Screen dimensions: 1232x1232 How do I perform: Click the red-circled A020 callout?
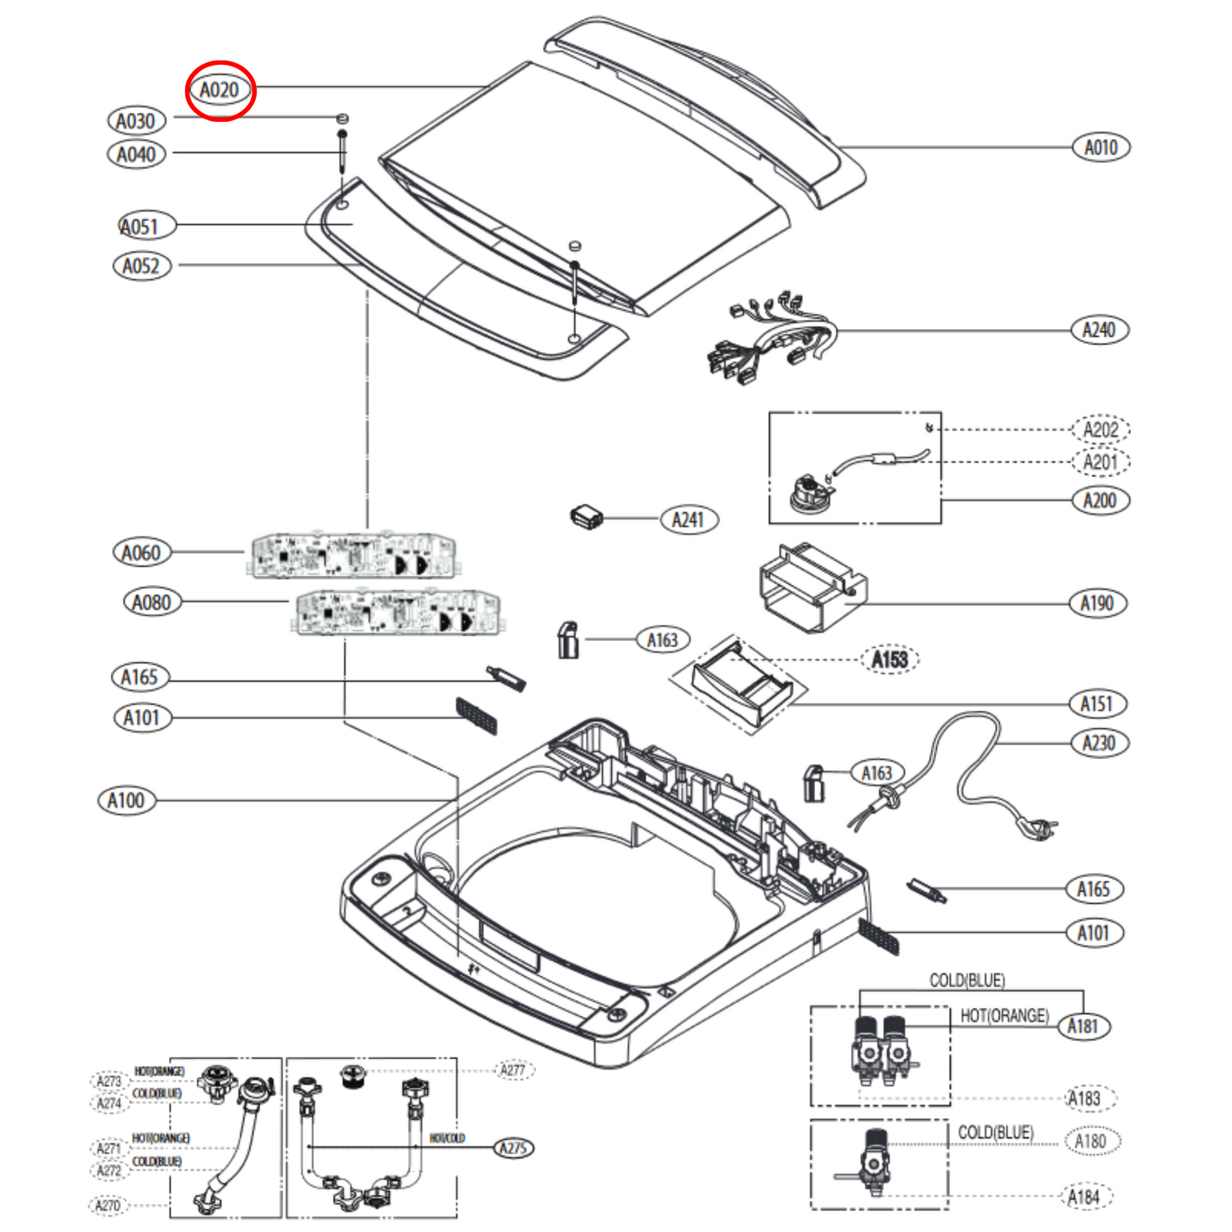220,90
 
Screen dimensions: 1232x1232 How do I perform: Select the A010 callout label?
1100,147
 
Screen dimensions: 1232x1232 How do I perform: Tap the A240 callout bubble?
1099,330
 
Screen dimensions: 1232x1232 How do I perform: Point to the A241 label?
689,519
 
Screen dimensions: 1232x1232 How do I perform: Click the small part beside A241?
586,517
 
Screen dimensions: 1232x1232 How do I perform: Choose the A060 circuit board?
353,556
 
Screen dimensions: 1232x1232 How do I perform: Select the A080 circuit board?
397,612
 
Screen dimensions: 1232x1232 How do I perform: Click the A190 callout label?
1097,604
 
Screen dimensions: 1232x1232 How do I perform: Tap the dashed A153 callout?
889,659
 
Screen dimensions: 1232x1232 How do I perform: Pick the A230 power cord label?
1099,743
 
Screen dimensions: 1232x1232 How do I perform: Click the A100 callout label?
126,801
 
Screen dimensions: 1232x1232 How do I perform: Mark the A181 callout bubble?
1084,1026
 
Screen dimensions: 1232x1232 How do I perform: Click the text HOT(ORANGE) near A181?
1004,1015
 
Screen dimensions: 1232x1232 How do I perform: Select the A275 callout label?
513,1148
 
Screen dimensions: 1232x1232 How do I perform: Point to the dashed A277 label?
513,1070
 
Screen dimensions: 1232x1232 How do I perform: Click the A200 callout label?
1099,500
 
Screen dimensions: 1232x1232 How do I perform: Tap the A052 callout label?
142,266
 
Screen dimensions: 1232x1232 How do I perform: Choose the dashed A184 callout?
1085,1197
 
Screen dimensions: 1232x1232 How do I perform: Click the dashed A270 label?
108,1206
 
